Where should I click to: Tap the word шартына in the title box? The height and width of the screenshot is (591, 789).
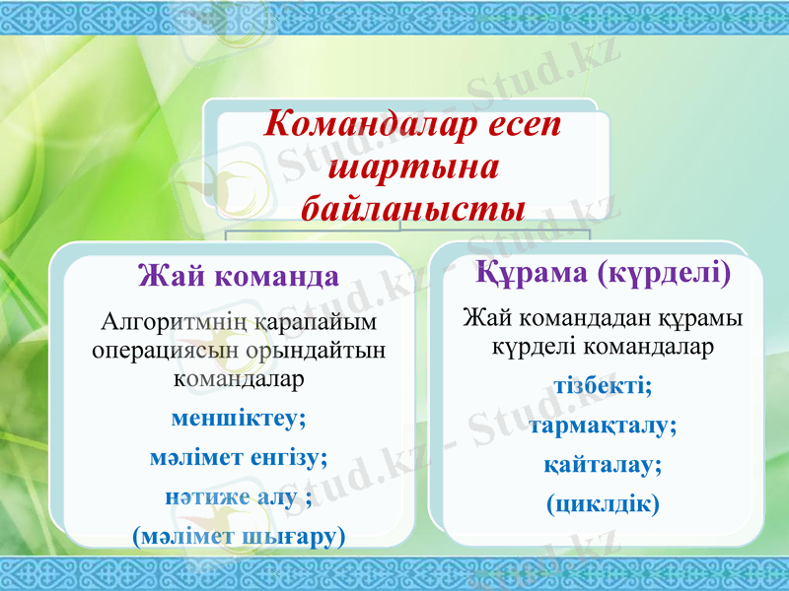point(411,166)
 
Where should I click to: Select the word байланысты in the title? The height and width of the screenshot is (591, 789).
point(411,208)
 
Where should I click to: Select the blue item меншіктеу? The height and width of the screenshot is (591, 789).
point(238,417)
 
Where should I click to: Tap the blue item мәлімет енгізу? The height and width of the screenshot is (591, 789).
point(238,457)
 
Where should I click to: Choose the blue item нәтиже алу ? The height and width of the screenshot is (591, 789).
point(238,497)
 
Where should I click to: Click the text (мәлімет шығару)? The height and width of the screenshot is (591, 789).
point(238,537)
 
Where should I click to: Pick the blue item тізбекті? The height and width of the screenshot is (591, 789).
point(603,385)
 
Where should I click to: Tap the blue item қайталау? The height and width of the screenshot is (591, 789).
point(603,464)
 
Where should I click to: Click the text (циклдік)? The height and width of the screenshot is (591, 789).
point(603,503)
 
